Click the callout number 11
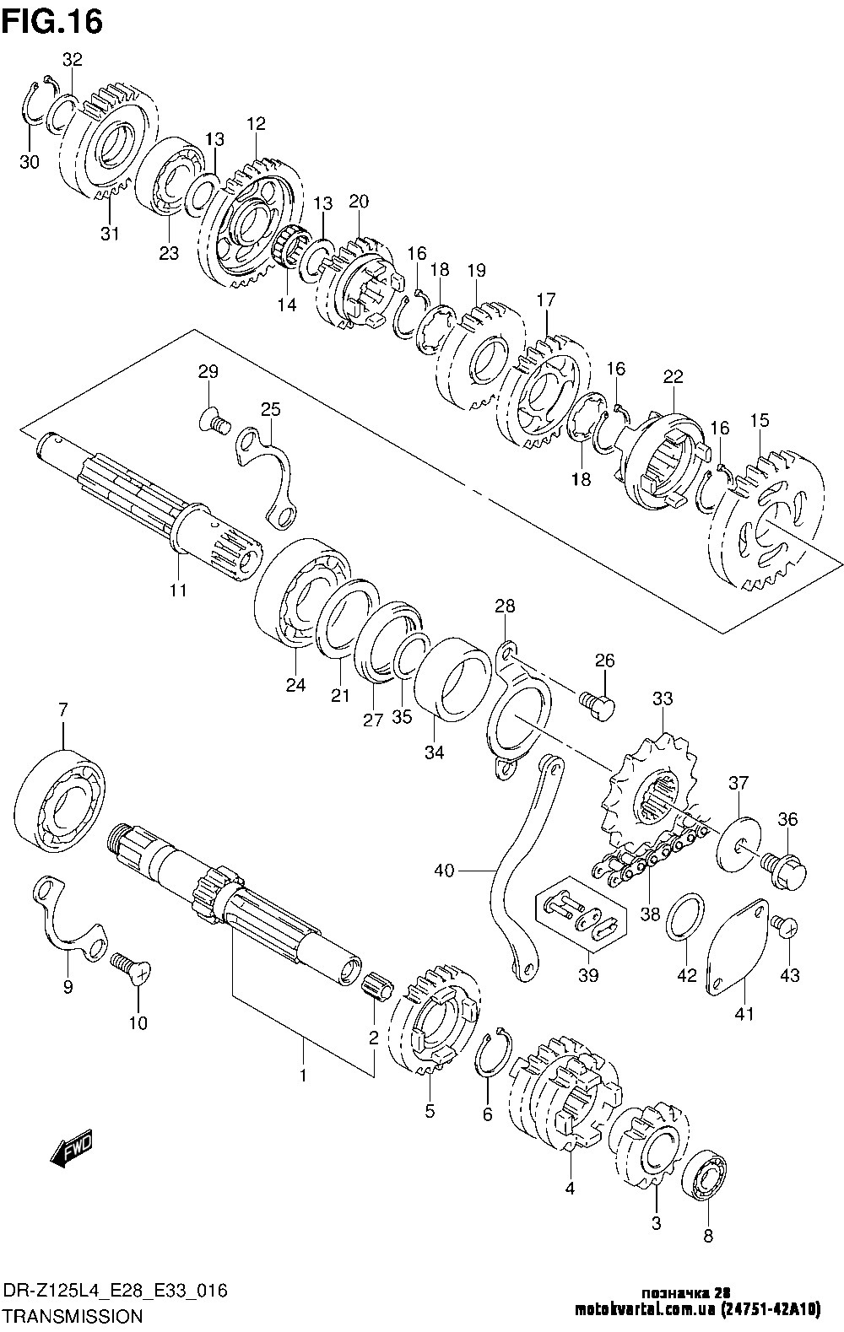pos(177,590)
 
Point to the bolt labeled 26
pos(598,704)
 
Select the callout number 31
pos(110,234)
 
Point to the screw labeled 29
pos(216,418)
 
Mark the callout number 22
pos(673,376)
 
